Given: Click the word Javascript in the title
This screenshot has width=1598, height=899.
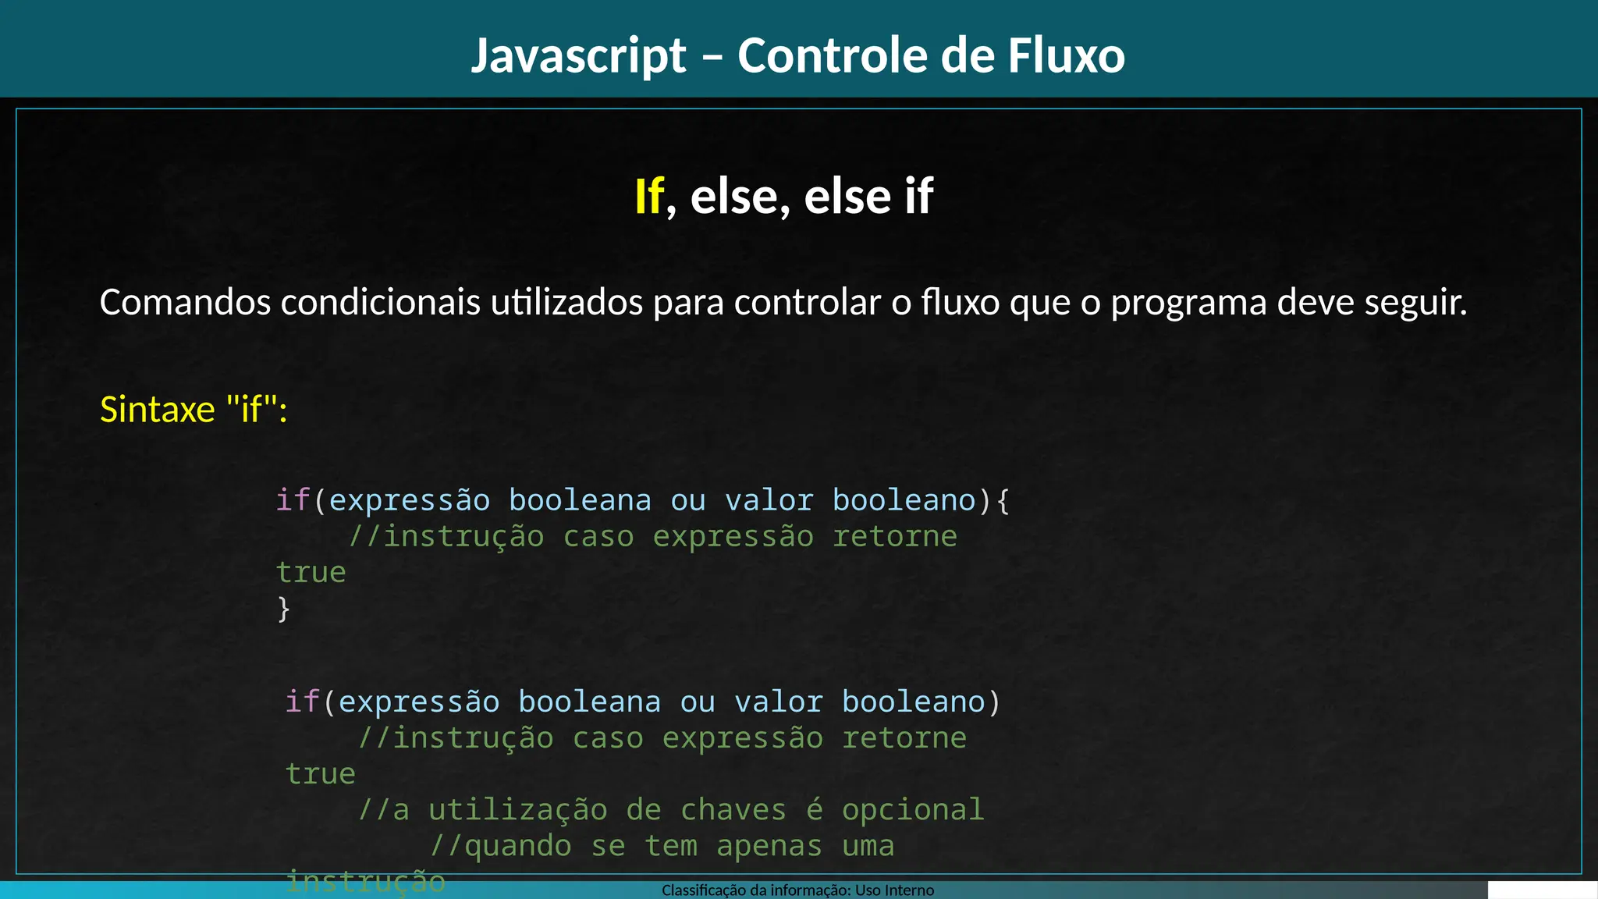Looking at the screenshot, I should pos(578,56).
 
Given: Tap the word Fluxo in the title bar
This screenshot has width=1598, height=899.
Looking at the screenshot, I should pos(1066,56).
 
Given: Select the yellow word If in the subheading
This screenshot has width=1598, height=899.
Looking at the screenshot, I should pos(648,196).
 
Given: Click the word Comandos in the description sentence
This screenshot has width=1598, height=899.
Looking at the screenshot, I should pos(185,303).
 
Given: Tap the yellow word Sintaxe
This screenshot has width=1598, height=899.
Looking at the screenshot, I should pos(157,410).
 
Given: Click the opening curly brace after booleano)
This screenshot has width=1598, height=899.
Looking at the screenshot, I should pos(1003,500).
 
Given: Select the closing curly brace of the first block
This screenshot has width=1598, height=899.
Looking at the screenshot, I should pos(283,609).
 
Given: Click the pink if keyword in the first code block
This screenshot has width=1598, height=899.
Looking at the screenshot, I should pos(293,500).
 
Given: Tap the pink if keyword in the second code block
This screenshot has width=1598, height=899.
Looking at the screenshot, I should pos(302,702).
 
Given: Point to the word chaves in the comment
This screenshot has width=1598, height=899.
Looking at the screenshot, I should pos(733,810).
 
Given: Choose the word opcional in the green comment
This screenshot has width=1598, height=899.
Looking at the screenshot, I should pos(912,810).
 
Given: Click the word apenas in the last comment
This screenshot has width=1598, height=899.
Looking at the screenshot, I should pos(769,846).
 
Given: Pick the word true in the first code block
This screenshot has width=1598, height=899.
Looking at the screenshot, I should pos(311,573).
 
